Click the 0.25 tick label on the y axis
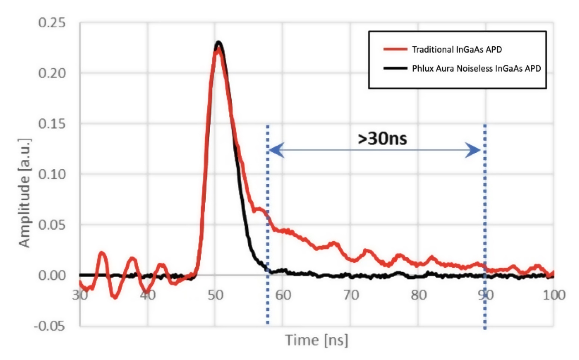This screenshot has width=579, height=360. pos(52,23)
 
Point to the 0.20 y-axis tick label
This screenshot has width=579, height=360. pos(52,73)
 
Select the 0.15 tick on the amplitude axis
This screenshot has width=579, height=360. pos(52,124)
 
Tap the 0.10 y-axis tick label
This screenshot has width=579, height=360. pos(52,174)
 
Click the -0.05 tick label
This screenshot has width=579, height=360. pos(50,326)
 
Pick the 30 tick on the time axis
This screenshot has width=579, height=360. pos(80,295)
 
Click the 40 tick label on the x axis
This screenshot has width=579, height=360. pos(147,295)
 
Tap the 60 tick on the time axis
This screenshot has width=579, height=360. pos(283,295)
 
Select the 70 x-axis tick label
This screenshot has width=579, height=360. pos(351,295)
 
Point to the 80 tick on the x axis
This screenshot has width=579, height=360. pos(418,295)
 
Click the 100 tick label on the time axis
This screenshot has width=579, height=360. pos(554,295)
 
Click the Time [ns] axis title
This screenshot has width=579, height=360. pos(317,340)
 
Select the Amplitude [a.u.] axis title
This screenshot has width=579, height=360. pos(25,193)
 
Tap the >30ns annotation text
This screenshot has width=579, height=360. pos(382,139)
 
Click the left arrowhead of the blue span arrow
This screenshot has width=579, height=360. pos(275,150)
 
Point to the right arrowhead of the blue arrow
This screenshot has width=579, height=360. pos(474,150)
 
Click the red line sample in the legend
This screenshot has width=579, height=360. pos(395,49)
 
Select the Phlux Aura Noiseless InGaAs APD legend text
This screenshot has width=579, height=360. pos(476,68)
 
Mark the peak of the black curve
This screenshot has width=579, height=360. pos(219,42)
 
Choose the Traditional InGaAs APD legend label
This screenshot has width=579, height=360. pos(457,49)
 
